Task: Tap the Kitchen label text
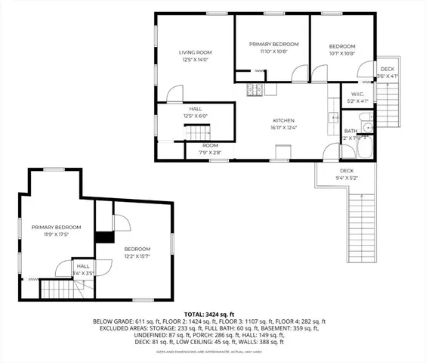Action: tap(283, 120)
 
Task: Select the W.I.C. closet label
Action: tap(358, 95)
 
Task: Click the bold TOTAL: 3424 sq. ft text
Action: tap(212, 313)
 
